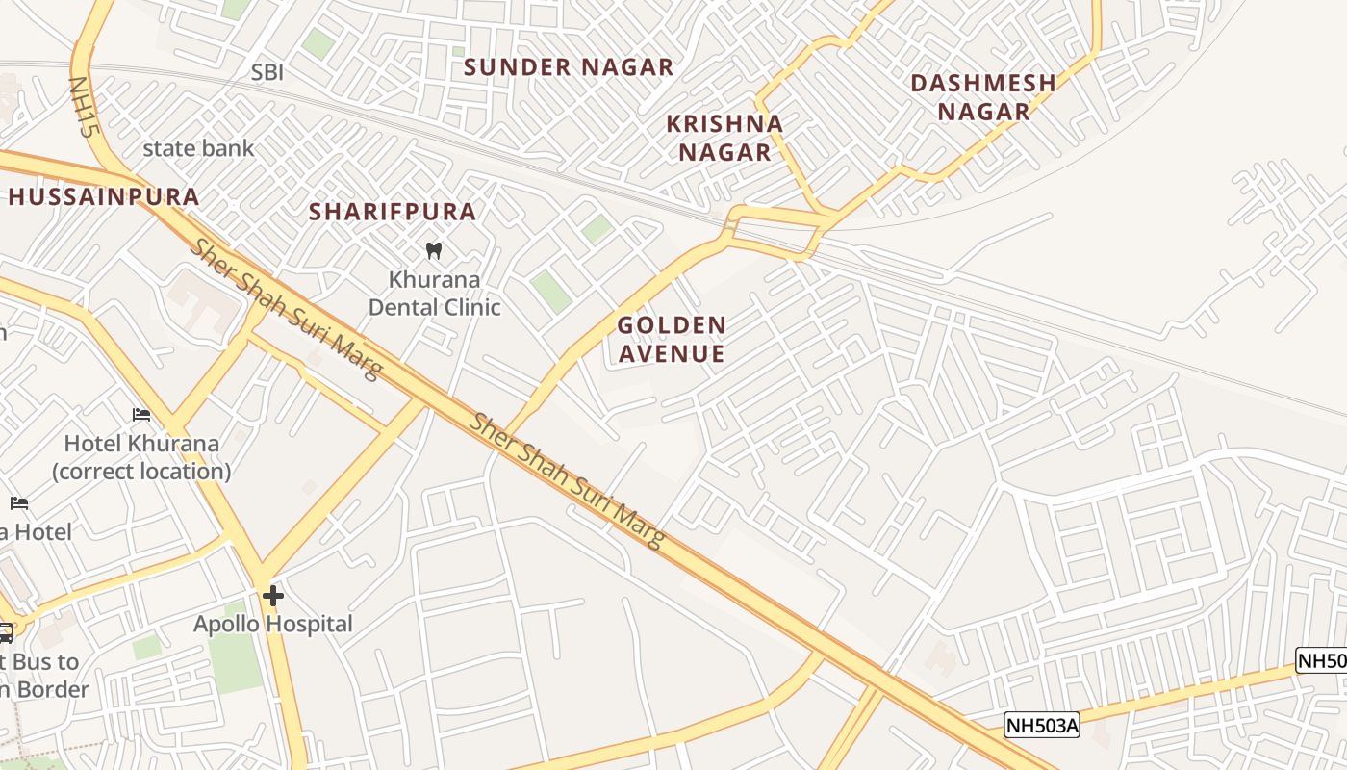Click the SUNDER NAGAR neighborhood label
point(569,67)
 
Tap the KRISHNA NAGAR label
point(725,138)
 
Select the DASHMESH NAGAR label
point(983,97)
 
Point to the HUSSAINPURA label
point(104,197)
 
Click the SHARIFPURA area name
point(393,212)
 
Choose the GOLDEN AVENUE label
point(672,339)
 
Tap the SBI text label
point(267,72)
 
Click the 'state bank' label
point(198,148)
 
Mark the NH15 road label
point(84,107)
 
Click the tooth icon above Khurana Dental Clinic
point(433,251)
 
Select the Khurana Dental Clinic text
point(435,294)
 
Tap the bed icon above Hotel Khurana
point(141,415)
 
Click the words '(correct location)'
point(141,472)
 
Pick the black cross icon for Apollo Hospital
point(273,596)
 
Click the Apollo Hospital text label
point(273,624)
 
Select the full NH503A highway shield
point(1042,725)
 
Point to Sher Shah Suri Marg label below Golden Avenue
point(568,480)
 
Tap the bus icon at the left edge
point(5,632)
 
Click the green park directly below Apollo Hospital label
point(235,662)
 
